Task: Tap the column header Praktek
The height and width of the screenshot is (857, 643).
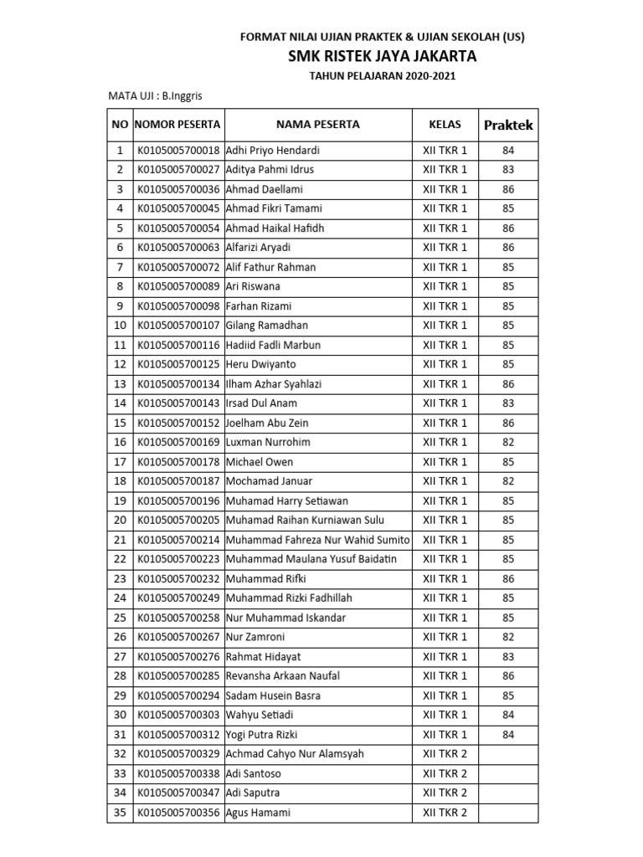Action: point(508,125)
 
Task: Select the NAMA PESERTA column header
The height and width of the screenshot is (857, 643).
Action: point(318,125)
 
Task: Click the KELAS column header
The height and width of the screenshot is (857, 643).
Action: point(445,125)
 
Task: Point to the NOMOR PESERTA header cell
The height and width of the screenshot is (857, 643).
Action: point(177,125)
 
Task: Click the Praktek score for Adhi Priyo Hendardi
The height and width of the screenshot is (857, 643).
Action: point(508,151)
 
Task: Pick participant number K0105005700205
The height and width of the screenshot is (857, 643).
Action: point(177,521)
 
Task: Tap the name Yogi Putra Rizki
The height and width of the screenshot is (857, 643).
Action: point(261,735)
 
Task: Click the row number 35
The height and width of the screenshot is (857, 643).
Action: point(120,813)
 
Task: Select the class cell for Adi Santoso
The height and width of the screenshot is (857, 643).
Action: point(445,773)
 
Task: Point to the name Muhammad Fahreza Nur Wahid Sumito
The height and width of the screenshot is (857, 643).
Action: point(317,540)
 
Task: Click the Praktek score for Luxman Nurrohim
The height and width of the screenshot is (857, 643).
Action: point(508,443)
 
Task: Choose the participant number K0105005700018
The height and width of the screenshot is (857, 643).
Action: point(177,151)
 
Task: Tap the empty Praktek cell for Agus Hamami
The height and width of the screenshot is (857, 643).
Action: point(508,813)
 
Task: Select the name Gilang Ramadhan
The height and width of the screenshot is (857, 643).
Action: point(267,326)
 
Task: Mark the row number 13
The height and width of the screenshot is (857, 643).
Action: point(120,384)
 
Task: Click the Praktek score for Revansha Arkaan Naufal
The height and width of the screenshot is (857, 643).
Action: point(508,676)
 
